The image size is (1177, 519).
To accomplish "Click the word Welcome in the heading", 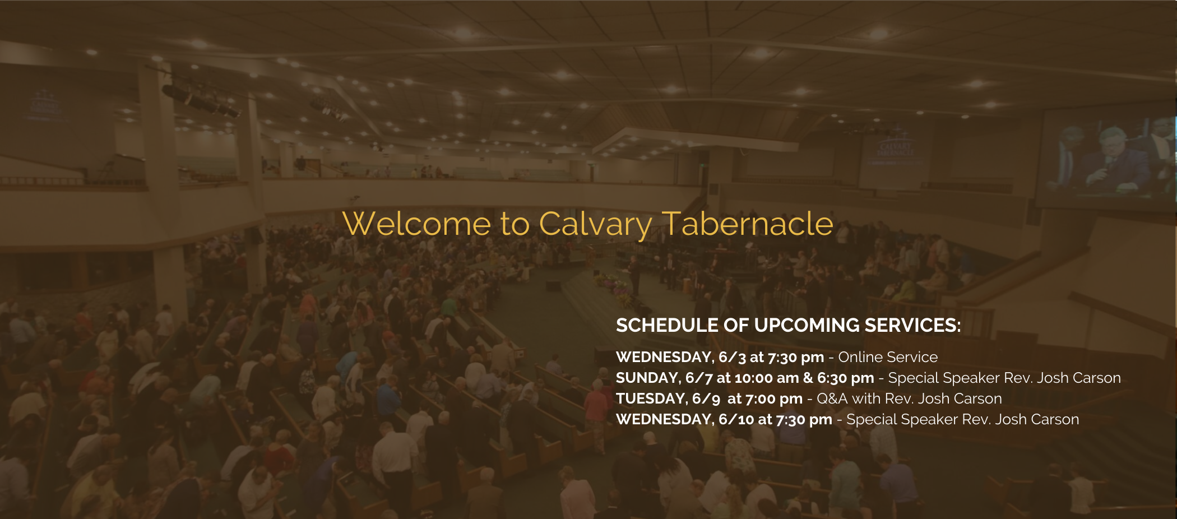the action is [417, 224].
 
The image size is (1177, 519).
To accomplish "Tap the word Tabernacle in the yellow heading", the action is [748, 224].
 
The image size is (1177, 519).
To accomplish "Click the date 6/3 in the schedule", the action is [732, 357].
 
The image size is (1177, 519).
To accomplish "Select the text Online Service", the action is [888, 357].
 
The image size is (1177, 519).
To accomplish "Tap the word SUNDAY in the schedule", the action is [648, 378].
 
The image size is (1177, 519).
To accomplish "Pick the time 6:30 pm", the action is [846, 378].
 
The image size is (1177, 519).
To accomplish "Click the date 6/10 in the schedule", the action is [736, 420].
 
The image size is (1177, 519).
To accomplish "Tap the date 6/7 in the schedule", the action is [699, 378].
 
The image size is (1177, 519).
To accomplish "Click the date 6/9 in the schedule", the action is [706, 399].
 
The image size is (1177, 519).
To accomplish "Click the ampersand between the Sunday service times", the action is [808, 378].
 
